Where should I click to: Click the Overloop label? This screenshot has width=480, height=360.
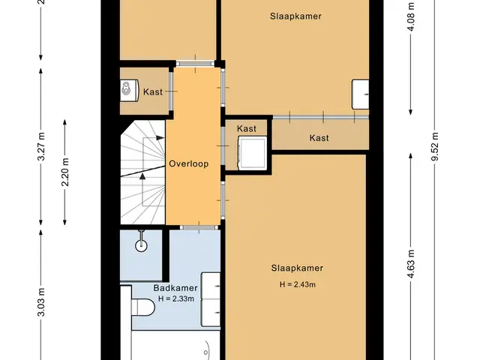(188, 163)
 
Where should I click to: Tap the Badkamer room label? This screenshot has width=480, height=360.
(175, 288)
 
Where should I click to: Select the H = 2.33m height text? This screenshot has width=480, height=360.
(176, 298)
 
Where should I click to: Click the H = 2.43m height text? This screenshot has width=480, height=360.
(297, 284)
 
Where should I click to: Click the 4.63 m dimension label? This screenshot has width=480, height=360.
(410, 264)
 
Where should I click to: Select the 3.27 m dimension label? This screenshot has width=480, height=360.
(41, 146)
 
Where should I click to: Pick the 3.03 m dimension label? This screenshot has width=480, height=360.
(41, 301)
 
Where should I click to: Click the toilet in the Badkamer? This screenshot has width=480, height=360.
(143, 307)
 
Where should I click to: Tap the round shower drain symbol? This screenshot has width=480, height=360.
(141, 245)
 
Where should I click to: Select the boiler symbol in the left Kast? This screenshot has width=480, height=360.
(129, 90)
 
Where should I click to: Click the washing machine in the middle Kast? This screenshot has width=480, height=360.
(252, 152)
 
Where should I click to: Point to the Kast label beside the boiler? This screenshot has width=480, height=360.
(153, 91)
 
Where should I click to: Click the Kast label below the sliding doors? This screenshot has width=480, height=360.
(319, 138)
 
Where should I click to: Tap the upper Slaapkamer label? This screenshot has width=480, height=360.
(295, 16)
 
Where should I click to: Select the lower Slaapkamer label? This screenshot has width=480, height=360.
(297, 268)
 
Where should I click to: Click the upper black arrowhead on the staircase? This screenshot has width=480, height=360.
(160, 138)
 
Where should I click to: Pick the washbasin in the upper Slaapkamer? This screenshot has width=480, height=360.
(360, 94)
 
